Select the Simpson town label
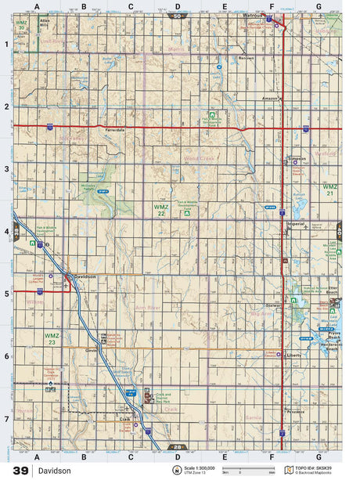coord(297,157)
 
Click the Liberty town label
coord(294,355)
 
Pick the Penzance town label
coord(295,410)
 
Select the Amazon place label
coord(270,98)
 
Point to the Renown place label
coord(247,58)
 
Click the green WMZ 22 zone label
coord(160,208)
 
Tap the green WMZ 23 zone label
coord(51,338)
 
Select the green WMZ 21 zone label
coord(330,189)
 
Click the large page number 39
coord(20,471)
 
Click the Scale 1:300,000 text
coord(199,467)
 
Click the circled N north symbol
coord(177,470)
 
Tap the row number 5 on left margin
coord(6,294)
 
